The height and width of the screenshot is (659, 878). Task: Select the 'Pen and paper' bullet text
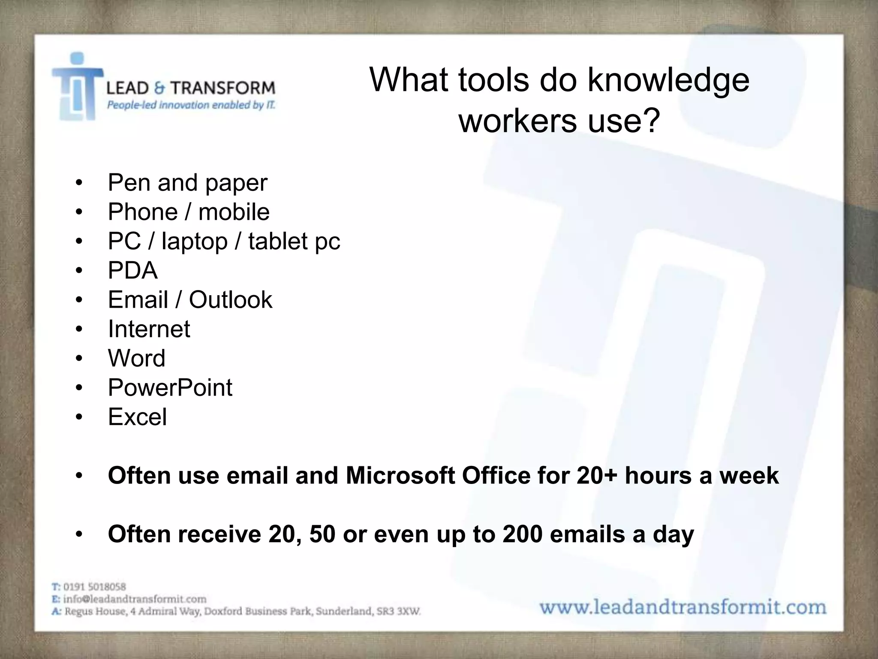pos(187,183)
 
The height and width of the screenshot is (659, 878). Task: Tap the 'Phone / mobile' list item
pos(189,212)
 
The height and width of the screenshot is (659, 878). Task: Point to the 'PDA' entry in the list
pos(132,271)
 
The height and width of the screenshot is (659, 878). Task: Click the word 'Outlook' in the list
pos(231,300)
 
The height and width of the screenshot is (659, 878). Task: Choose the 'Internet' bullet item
pos(149,329)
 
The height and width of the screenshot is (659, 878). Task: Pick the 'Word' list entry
pos(136,359)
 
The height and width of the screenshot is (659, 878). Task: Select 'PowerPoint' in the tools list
pos(170,388)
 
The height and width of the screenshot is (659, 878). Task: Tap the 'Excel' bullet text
pos(137,417)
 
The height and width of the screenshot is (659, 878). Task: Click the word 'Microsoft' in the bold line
pos(400,476)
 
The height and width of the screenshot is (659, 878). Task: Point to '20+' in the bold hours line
pos(596,476)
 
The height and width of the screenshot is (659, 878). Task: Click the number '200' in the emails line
pos(522,535)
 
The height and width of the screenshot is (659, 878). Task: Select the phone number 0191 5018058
pos(94,586)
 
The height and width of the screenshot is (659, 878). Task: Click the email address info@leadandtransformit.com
pos(135,599)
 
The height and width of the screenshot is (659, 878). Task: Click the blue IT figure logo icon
pos(77,88)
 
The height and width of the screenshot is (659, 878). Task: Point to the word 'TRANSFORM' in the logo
pos(223,88)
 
